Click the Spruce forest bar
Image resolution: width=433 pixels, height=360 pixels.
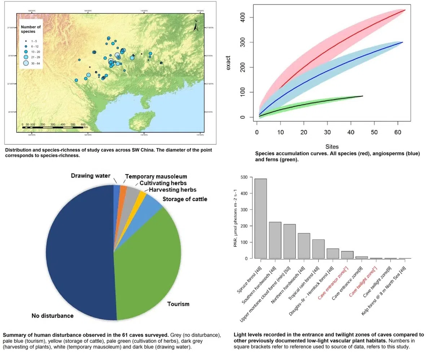(x=261, y=218)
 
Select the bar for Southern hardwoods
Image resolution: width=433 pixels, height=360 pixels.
(x=275, y=240)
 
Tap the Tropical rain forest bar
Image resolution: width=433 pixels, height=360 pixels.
(x=318, y=249)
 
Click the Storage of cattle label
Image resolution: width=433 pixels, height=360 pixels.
(x=185, y=199)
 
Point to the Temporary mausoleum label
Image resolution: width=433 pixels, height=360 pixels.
(x=156, y=177)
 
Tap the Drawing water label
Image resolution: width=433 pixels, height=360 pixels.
(x=90, y=176)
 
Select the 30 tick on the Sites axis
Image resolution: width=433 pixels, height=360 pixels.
(x=327, y=132)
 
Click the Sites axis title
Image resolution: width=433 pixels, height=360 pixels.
(x=332, y=147)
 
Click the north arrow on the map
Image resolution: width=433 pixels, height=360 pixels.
(x=196, y=25)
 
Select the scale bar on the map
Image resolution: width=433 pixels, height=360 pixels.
(x=54, y=127)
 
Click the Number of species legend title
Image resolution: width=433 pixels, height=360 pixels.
(x=31, y=29)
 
